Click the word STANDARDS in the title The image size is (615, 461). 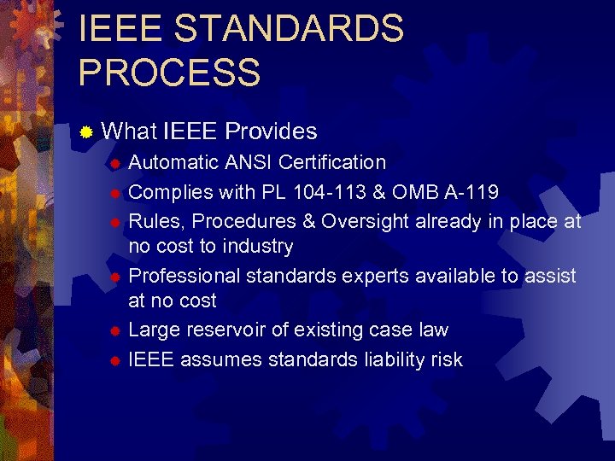289,29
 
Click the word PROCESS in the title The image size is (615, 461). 169,72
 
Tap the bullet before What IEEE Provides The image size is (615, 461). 85,132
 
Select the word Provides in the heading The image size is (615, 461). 271,131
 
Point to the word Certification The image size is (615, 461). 332,162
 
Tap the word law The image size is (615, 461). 433,330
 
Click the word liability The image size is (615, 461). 369,359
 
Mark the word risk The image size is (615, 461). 443,359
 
